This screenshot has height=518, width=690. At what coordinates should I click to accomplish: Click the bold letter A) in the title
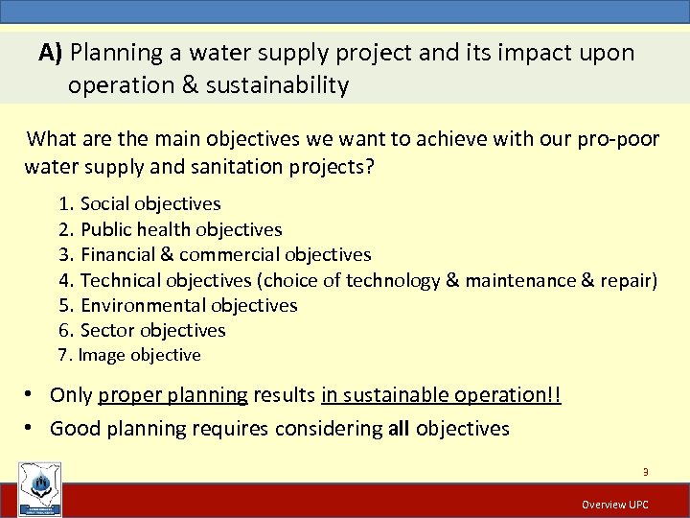click(51, 53)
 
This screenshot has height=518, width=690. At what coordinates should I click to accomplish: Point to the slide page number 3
click(646, 471)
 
